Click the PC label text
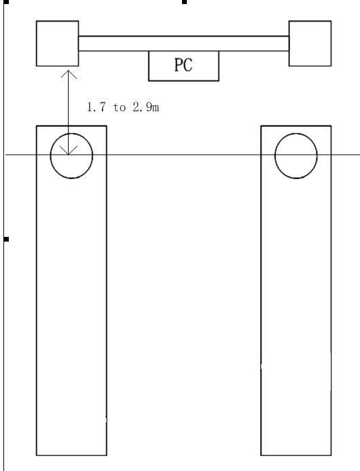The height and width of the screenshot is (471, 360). point(183,65)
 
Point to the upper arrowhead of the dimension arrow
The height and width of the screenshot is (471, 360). point(69,71)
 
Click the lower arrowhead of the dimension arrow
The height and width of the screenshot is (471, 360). point(69,154)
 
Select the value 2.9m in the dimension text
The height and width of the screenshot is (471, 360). point(146,107)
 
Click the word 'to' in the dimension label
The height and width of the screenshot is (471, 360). point(120,107)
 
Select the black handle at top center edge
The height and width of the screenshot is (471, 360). point(185,2)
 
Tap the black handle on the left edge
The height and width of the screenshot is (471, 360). point(6,239)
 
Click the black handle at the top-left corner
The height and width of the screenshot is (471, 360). point(6,1)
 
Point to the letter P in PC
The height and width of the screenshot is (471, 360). point(179,65)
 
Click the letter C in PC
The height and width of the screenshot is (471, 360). point(188,65)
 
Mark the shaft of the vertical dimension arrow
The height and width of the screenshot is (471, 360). point(69,113)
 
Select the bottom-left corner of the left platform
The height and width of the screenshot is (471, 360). point(37,455)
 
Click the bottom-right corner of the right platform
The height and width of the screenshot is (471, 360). point(331,455)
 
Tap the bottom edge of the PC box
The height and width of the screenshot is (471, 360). point(184,81)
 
